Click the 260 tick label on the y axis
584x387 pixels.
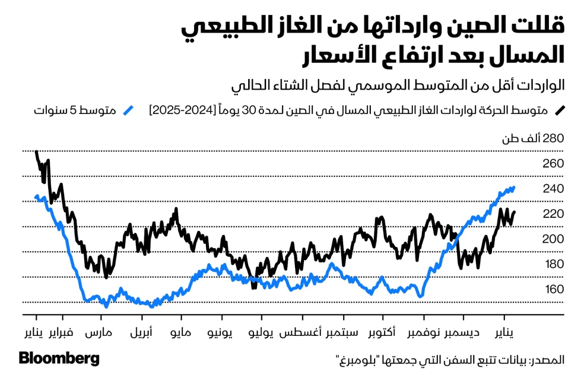click(553, 164)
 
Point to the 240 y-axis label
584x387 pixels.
click(553, 189)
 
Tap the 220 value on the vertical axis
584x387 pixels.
click(553, 214)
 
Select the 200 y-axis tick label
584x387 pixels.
click(553, 239)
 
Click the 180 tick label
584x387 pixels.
click(553, 264)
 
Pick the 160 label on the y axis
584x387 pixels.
click(553, 290)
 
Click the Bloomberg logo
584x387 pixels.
click(59, 359)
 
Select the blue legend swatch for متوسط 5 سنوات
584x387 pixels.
click(128, 110)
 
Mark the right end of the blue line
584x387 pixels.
click(514, 187)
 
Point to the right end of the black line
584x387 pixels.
click(514, 212)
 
